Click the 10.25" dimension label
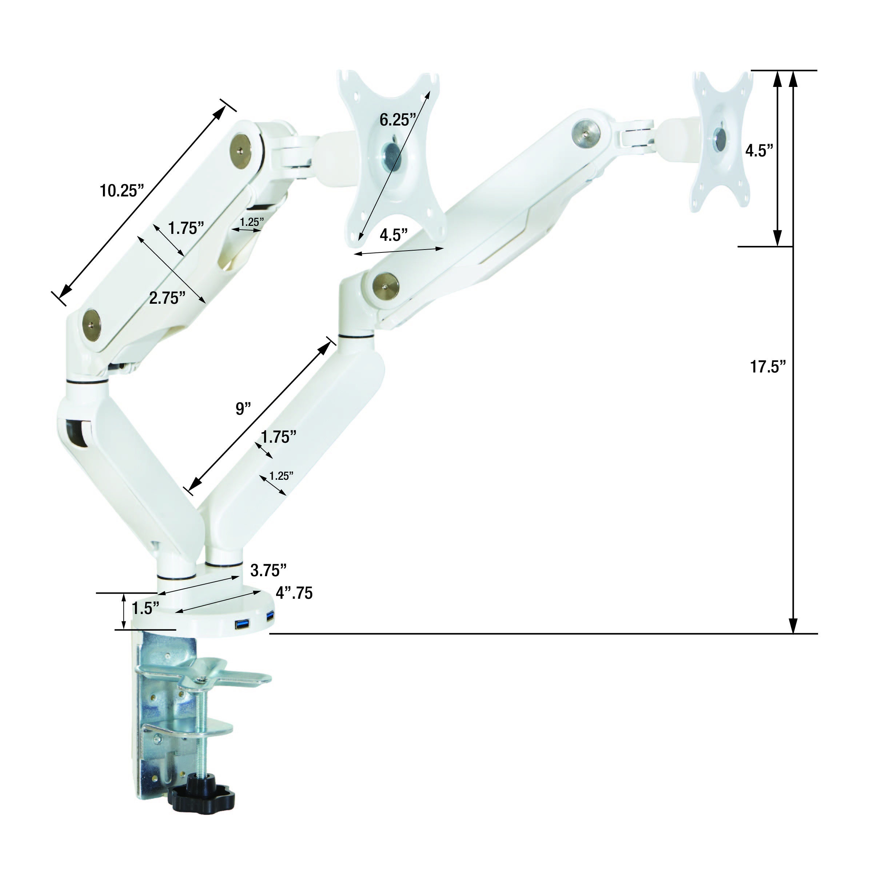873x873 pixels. click(121, 191)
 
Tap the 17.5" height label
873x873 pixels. click(768, 366)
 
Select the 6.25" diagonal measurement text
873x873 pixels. click(398, 120)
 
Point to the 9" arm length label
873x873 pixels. click(243, 408)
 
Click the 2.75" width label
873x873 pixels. click(167, 298)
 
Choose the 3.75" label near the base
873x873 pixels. click(268, 571)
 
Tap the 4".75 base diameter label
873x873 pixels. click(294, 593)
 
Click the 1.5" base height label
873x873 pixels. click(145, 608)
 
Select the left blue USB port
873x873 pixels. click(242, 625)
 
